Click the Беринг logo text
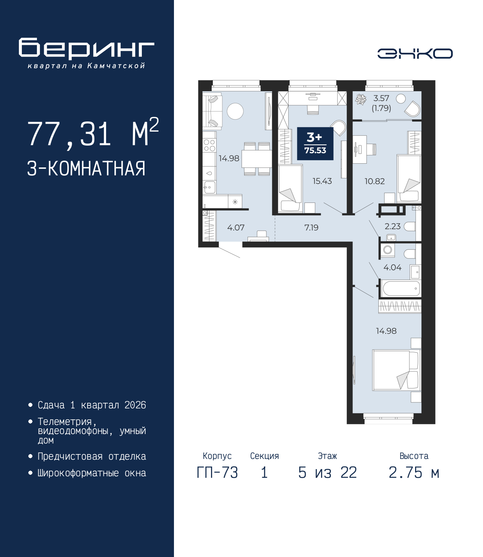click(86, 49)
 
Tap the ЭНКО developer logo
click(415, 54)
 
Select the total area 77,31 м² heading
click(93, 133)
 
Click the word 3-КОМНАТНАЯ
click(86, 169)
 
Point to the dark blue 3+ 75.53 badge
click(315, 144)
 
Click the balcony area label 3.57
click(381, 98)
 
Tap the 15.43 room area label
click(322, 181)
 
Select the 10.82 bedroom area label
click(374, 181)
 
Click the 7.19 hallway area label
click(311, 228)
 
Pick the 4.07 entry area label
click(235, 228)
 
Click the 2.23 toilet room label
click(392, 226)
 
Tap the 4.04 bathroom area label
click(392, 268)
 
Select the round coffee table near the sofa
click(235, 111)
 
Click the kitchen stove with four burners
click(209, 146)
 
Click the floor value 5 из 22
click(327, 473)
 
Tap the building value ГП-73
click(217, 473)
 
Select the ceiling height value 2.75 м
click(414, 473)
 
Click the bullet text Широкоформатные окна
click(91, 473)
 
